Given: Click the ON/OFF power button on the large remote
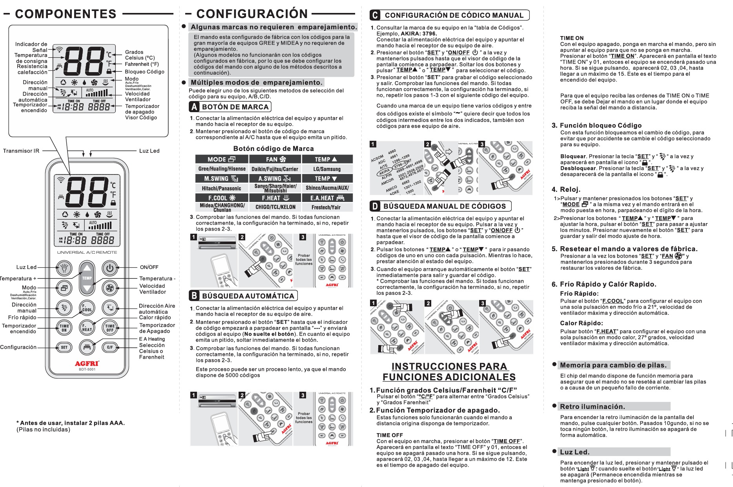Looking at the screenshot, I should click(x=109, y=268).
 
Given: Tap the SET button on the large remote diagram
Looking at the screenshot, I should click(x=64, y=347).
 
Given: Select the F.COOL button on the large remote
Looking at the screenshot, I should click(x=87, y=308).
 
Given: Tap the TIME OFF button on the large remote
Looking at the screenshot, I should click(x=110, y=327).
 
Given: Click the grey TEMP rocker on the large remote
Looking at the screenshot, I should click(x=87, y=278).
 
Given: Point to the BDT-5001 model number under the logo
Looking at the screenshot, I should click(x=87, y=369).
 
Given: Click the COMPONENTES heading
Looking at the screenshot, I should click(x=66, y=14).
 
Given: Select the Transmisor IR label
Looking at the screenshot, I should click(x=21, y=151).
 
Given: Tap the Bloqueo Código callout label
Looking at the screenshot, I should click(x=144, y=72).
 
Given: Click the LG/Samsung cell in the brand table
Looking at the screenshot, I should click(x=327, y=169).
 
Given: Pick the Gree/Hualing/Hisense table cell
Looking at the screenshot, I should click(x=222, y=169).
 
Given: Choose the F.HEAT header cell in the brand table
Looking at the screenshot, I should click(x=275, y=198).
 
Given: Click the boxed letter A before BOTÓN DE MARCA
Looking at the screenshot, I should click(x=194, y=107).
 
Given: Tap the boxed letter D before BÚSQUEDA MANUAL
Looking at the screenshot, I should click(x=375, y=206).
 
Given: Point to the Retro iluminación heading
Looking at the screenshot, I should click(x=592, y=407).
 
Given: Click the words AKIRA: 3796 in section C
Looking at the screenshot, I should click(x=419, y=34).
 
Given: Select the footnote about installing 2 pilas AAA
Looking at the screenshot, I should click(x=71, y=423).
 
